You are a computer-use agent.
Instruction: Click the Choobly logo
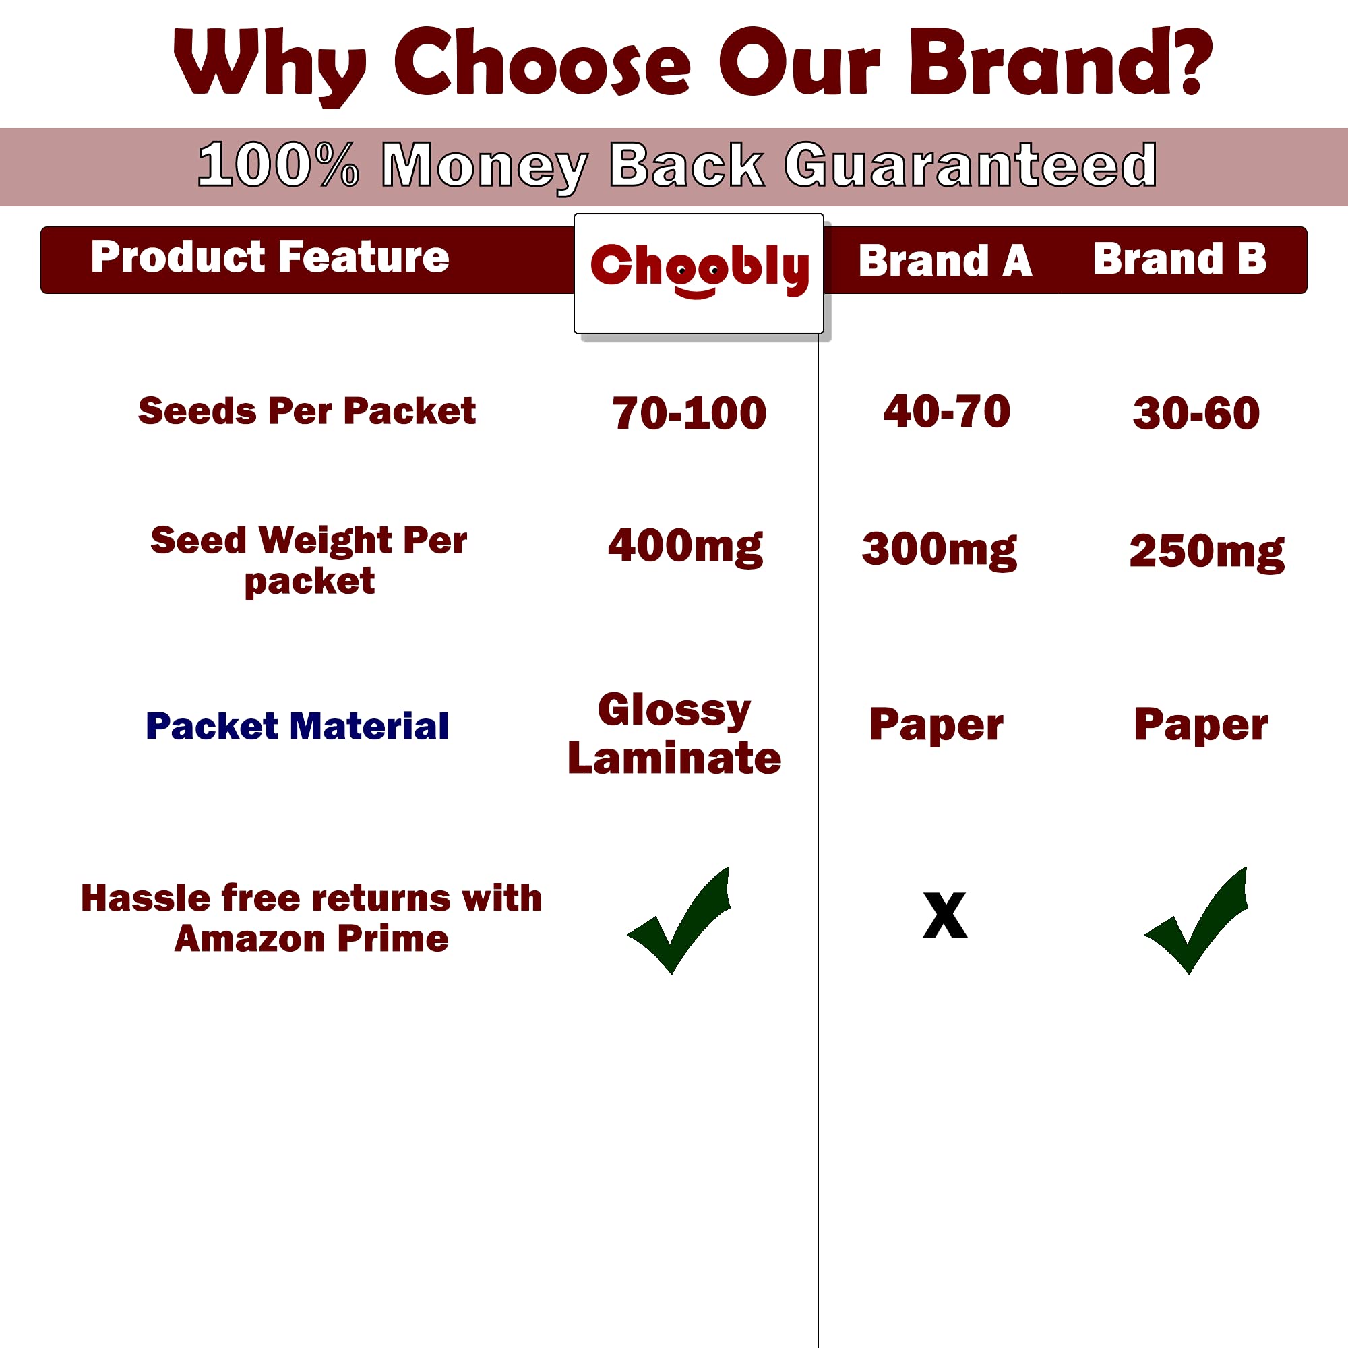click(x=699, y=270)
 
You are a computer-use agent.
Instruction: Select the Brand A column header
click(x=945, y=260)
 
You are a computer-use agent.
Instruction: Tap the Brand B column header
click(x=1179, y=259)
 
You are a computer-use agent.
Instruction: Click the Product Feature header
click(x=270, y=257)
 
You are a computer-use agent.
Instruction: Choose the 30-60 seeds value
click(x=1196, y=412)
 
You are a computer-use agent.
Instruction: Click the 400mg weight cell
click(x=685, y=547)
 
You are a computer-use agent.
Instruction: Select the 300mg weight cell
click(x=939, y=550)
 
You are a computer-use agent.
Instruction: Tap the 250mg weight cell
click(x=1206, y=552)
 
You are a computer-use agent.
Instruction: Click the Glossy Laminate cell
click(x=674, y=733)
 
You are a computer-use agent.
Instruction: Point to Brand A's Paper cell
click(x=936, y=725)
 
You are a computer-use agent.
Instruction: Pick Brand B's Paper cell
click(x=1200, y=725)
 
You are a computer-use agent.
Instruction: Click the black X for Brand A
click(x=945, y=915)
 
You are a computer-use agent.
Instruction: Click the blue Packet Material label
click(x=297, y=727)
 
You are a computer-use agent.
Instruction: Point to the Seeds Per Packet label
click(x=307, y=410)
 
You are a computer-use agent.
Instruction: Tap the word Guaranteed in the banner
click(x=971, y=165)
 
